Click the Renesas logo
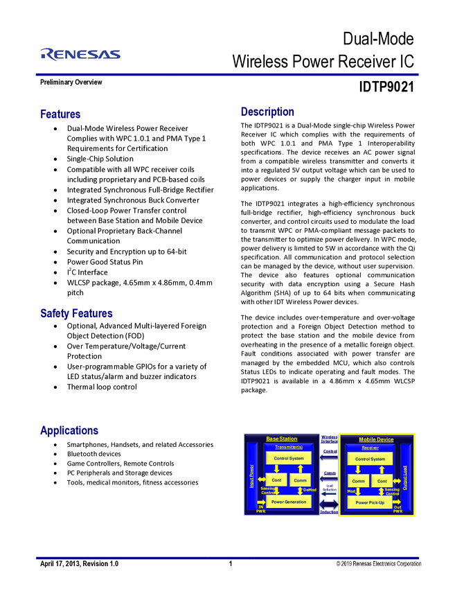coord(80,54)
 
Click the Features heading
coord(61,114)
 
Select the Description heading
coord(267,112)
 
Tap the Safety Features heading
coord(76,314)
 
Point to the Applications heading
coord(69,431)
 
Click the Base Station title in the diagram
coord(282,439)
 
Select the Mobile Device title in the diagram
coord(376,439)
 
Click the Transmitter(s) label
coord(289,448)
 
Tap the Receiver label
coord(370,448)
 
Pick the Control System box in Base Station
coord(289,459)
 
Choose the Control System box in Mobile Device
coord(370,459)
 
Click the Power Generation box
coord(289,502)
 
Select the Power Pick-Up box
coord(370,502)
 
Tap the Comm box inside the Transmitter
coord(300,480)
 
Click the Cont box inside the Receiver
coord(382,480)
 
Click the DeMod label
coord(310,490)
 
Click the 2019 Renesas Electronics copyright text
coord(378,564)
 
